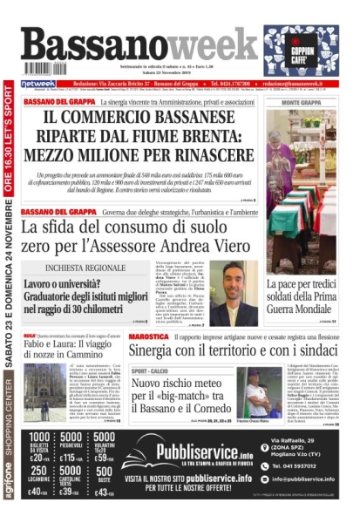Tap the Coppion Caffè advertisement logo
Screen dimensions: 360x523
click(x=302, y=50)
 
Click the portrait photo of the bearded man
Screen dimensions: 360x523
click(x=240, y=293)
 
